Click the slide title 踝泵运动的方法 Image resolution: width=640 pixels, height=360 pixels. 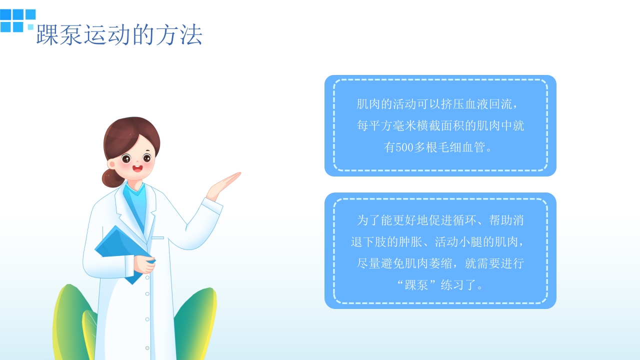point(119,35)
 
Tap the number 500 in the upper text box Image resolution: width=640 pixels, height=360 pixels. point(404,147)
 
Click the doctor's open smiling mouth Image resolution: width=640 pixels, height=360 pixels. point(137,168)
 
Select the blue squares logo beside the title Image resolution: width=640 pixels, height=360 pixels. point(17,20)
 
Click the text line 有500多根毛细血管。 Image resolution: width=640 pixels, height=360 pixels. point(439,147)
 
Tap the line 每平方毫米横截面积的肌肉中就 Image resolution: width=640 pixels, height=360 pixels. point(440,126)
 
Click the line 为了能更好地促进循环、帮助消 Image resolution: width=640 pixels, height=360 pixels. point(440,220)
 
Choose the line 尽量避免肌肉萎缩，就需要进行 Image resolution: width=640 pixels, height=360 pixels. point(440,263)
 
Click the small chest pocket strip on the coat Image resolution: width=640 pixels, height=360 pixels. point(157,237)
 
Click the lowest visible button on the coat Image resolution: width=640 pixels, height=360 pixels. point(147,347)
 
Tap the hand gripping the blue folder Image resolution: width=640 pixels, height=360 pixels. point(145,264)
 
